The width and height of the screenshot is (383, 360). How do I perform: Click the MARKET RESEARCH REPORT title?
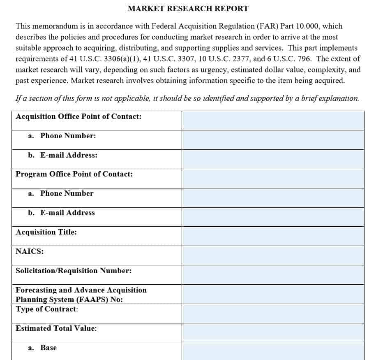coord(188,8)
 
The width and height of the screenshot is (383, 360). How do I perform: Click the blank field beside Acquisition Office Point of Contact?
coord(272,120)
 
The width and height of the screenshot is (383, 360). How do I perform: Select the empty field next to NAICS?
coord(272,255)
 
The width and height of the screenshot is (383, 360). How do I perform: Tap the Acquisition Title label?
coord(46,232)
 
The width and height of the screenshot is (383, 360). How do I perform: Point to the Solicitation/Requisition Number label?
coord(74,271)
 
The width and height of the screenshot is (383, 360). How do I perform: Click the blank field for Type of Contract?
coord(272,313)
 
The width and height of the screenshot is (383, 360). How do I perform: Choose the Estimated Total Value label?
coord(56,328)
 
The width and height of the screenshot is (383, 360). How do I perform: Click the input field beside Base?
coord(272,351)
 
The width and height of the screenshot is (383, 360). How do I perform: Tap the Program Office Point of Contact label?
coord(74,174)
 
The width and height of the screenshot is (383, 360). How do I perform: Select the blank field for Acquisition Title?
coord(272,236)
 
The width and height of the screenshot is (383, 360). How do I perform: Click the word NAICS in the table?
coord(30,251)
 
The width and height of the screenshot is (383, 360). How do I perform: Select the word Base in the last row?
coord(48,348)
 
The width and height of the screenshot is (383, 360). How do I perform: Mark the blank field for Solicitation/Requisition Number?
coord(272,274)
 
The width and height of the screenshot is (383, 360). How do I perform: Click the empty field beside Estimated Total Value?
coord(272,332)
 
